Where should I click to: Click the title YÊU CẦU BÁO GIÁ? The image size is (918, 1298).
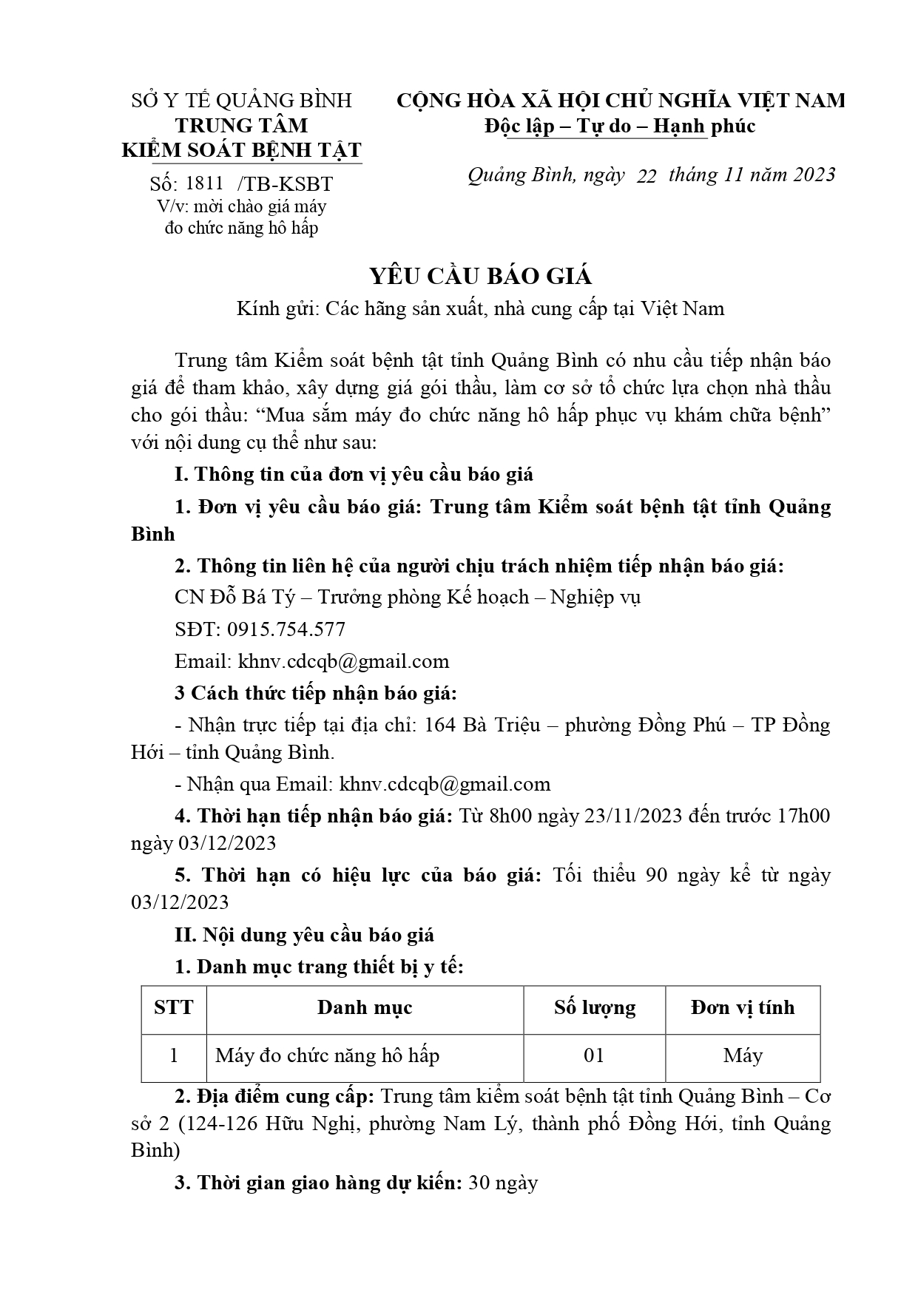481,276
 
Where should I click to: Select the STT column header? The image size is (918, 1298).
174,1007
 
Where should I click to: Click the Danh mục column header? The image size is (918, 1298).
365,1007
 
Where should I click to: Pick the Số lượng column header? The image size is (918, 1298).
595,1007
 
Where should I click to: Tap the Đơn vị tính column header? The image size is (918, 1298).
743,1007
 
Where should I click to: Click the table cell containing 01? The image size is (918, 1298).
595,1055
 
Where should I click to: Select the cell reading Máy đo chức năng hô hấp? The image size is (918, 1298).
327,1055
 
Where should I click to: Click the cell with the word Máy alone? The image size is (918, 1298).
743,1055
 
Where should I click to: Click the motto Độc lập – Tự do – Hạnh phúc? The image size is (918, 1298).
620,126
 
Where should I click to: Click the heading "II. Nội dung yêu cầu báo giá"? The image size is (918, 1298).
304,935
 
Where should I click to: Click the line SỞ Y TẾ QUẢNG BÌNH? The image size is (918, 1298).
242,101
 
